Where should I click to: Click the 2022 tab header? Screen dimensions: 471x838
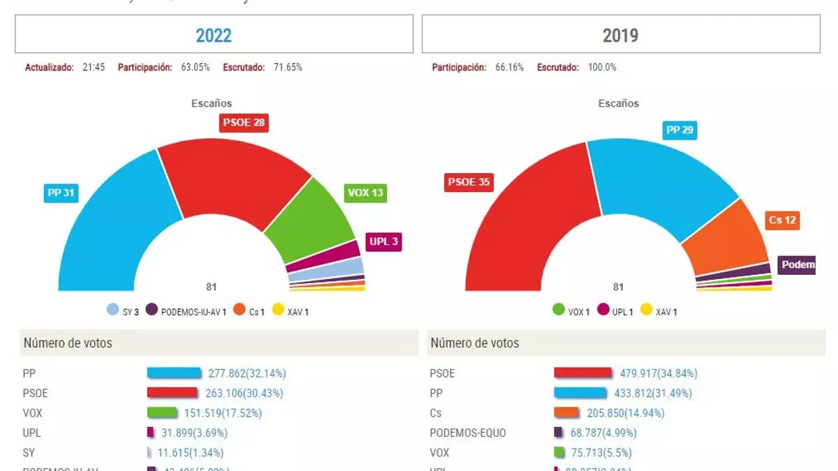pos(214,35)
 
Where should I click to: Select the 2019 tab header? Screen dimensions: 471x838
pos(620,35)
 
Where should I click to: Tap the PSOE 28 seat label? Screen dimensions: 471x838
pos(244,123)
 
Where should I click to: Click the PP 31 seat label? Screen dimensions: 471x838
pos(61,193)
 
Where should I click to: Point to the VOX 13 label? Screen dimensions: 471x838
pos(365,193)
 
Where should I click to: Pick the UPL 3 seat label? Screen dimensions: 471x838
pos(384,242)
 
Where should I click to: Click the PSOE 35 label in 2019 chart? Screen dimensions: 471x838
pos(468,183)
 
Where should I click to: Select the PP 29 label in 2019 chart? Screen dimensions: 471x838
pos(679,130)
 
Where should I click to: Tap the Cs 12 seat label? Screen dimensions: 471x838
pos(782,220)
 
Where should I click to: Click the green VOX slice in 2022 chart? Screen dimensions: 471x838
pos(311,220)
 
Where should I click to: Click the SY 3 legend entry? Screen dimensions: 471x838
pos(123,311)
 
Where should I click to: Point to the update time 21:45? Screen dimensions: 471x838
pos(93,68)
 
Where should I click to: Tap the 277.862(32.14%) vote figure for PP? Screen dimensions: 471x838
pos(247,373)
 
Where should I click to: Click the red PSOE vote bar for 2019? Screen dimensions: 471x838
pos(582,373)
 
